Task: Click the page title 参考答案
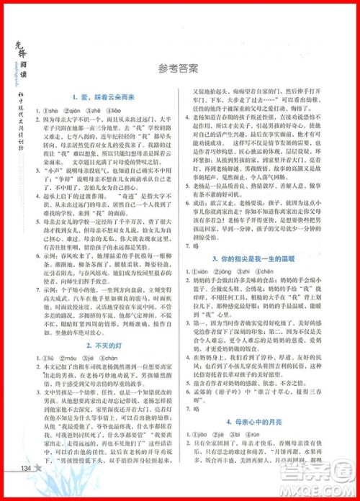(x=180, y=70)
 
